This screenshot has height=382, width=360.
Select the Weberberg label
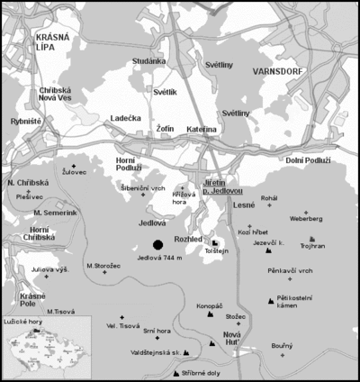(x=306, y=218)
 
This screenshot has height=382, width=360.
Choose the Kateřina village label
(x=202, y=130)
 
